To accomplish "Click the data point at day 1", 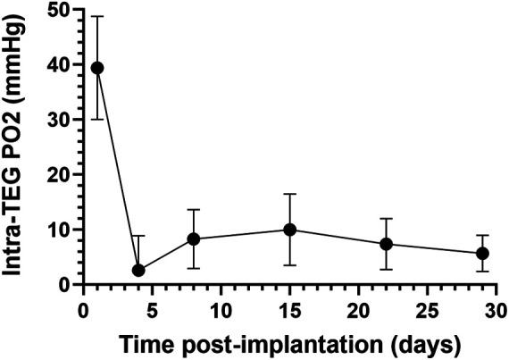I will point(97,68).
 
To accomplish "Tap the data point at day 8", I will point(194,239).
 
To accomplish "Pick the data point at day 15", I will point(289,230).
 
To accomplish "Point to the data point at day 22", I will point(386,244).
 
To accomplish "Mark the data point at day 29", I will point(482,254).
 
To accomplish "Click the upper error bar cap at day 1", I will point(97,16).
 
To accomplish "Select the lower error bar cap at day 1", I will point(97,119).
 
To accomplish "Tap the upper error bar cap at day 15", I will point(289,194).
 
